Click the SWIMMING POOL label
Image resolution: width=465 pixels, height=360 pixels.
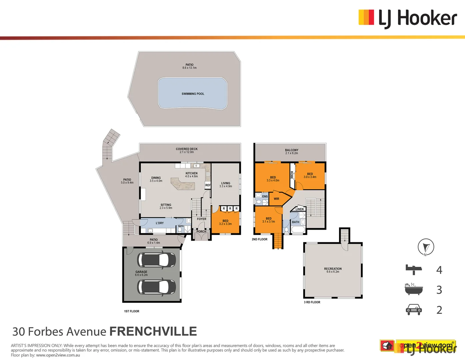[x=193, y=94]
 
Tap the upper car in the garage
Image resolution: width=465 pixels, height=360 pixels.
[x=157, y=260]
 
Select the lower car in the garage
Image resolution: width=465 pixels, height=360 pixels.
[x=157, y=286]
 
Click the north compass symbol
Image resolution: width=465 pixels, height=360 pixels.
[x=426, y=247]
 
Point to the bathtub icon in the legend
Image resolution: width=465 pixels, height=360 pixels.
[x=414, y=289]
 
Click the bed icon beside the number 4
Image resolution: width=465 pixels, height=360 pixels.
[x=414, y=269]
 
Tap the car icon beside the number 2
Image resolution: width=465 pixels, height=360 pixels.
[x=414, y=310]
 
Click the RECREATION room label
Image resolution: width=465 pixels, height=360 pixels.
[x=333, y=269]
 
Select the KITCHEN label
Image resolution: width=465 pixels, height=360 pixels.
[x=191, y=173]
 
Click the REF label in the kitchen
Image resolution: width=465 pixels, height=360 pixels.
[x=208, y=185]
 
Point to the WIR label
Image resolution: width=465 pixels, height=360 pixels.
[x=276, y=199]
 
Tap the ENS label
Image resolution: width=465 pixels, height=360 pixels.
[x=265, y=197]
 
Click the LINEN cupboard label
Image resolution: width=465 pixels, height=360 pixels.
[x=300, y=209]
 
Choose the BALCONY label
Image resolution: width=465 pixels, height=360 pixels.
[x=292, y=150]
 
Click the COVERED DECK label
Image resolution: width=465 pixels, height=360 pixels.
[x=187, y=149]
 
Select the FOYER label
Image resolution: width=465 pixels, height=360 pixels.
[x=202, y=219]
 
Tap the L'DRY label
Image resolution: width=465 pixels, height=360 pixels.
[x=160, y=223]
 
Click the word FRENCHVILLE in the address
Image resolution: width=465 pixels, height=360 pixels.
[x=153, y=331]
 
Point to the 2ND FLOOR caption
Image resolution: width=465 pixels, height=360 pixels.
[x=259, y=239]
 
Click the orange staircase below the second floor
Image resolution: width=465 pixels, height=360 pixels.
[x=278, y=241]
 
